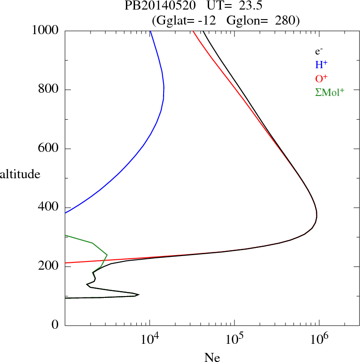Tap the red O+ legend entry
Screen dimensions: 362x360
[x=321, y=78]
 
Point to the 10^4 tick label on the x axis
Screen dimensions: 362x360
[x=150, y=339]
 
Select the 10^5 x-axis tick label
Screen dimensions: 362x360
[x=234, y=339]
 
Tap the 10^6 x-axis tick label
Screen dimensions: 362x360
[x=319, y=339]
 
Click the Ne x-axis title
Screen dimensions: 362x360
[x=212, y=357]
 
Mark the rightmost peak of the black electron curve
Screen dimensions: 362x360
[x=316, y=216]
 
